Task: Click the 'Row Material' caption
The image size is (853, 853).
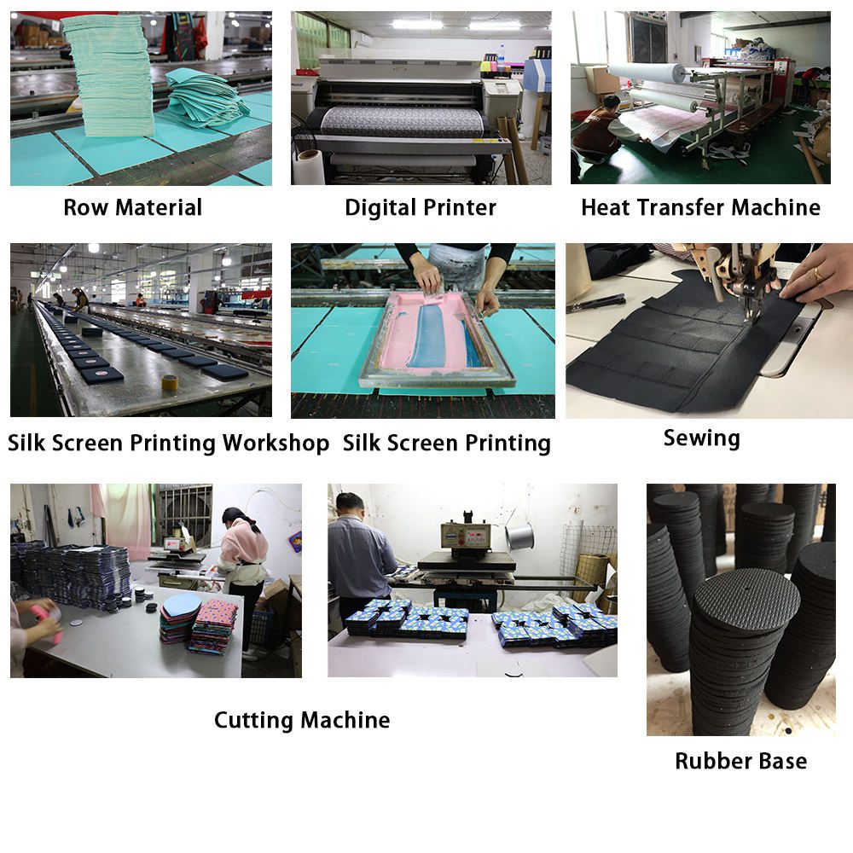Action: [x=133, y=207]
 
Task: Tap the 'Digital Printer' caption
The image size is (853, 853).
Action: [x=421, y=208]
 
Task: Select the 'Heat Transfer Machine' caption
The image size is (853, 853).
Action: [x=700, y=207]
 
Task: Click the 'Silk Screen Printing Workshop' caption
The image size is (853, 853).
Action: [x=168, y=443]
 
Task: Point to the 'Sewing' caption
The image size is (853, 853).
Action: [x=702, y=438]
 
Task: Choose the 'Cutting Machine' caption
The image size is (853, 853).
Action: [x=302, y=720]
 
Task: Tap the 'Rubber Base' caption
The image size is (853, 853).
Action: [x=741, y=761]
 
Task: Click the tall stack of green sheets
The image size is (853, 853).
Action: [x=112, y=75]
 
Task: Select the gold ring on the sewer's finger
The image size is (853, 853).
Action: [x=818, y=274]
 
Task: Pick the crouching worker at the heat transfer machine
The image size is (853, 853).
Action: [x=600, y=131]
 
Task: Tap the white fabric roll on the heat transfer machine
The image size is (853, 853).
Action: [x=647, y=72]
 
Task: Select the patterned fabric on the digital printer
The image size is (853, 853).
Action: [x=403, y=121]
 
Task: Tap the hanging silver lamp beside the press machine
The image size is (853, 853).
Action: [x=519, y=537]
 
